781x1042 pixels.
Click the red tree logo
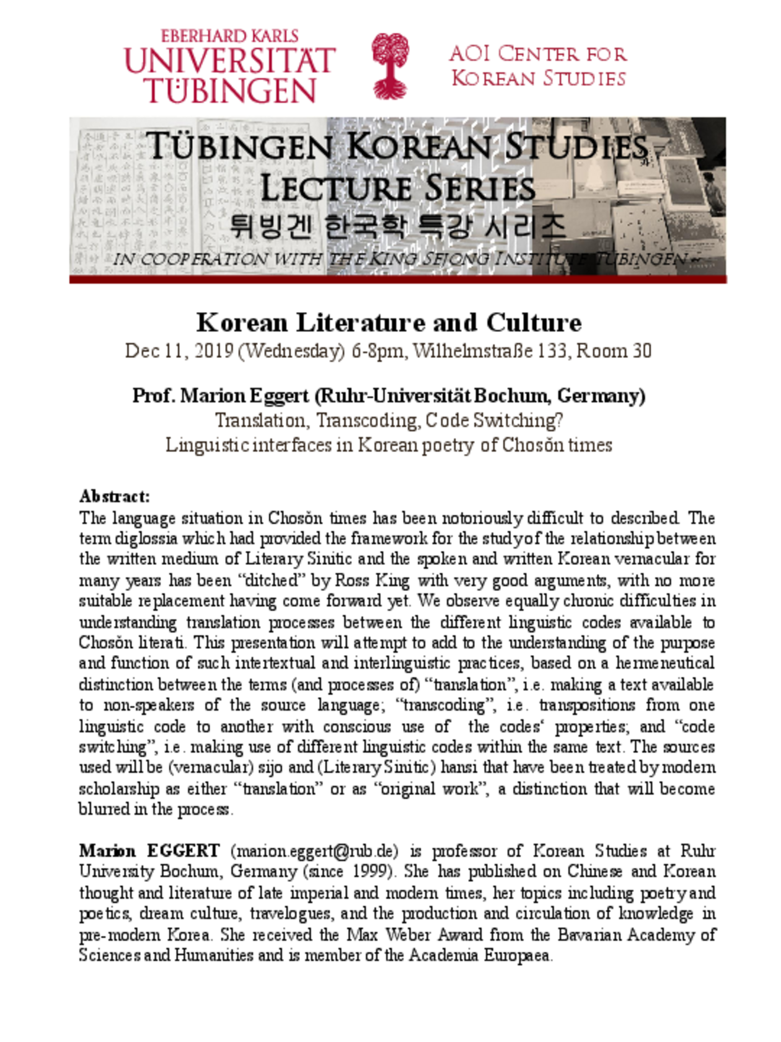(x=390, y=66)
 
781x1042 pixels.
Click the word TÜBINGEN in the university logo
(x=231, y=91)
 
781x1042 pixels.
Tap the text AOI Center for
(x=538, y=54)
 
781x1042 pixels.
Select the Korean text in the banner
(x=397, y=226)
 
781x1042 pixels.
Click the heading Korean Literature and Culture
(x=389, y=323)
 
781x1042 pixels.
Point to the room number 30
(x=642, y=351)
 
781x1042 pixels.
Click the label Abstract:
(x=114, y=496)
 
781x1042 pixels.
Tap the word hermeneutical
(x=664, y=663)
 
